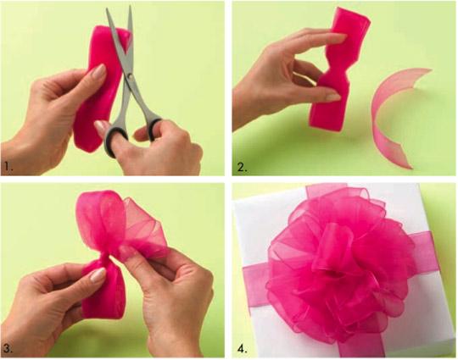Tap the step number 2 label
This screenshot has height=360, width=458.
(243, 168)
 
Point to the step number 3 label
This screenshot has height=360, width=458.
(8, 348)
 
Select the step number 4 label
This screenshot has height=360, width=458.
(243, 348)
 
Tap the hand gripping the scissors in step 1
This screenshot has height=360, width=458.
(170, 144)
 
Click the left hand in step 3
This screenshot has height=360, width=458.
(51, 296)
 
